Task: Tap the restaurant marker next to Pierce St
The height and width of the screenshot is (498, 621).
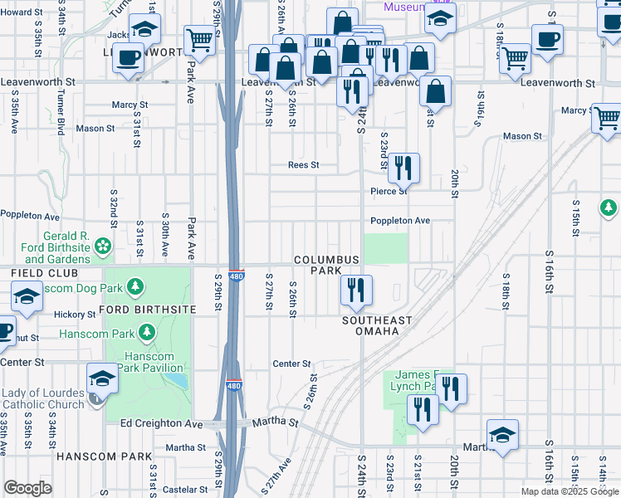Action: (x=403, y=168)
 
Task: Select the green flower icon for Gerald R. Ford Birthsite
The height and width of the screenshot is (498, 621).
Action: (x=103, y=246)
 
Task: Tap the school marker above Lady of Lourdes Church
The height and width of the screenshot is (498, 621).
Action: (x=103, y=380)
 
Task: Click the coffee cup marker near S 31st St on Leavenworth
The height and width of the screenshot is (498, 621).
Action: (x=128, y=59)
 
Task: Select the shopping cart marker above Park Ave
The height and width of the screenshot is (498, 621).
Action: (x=199, y=40)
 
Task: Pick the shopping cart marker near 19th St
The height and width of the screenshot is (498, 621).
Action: (x=516, y=59)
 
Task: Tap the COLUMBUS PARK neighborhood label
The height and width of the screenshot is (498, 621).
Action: (x=327, y=265)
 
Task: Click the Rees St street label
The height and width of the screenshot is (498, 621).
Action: (x=303, y=165)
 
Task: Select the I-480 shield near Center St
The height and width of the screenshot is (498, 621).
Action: (x=234, y=387)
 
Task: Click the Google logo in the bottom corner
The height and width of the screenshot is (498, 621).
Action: (x=27, y=488)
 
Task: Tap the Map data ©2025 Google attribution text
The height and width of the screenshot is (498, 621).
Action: (x=570, y=491)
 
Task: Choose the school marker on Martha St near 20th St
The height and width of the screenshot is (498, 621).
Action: (x=503, y=436)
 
